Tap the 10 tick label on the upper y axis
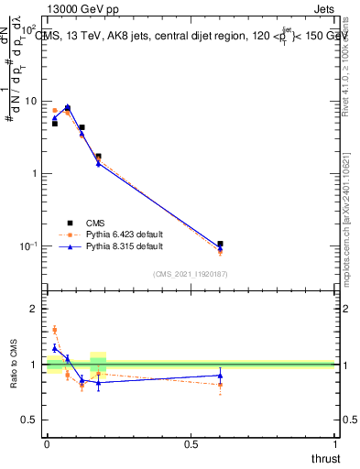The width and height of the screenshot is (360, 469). coord(33,101)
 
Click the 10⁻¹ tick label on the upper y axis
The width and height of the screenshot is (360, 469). coord(31,245)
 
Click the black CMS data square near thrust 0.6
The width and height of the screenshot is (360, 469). coord(220,244)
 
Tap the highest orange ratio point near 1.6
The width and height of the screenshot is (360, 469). coord(54,330)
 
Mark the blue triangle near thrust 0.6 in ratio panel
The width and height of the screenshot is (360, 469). coord(220,375)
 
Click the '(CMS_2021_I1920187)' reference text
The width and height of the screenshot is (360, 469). coord(190,274)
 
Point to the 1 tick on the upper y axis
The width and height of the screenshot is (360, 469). coord(37,173)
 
